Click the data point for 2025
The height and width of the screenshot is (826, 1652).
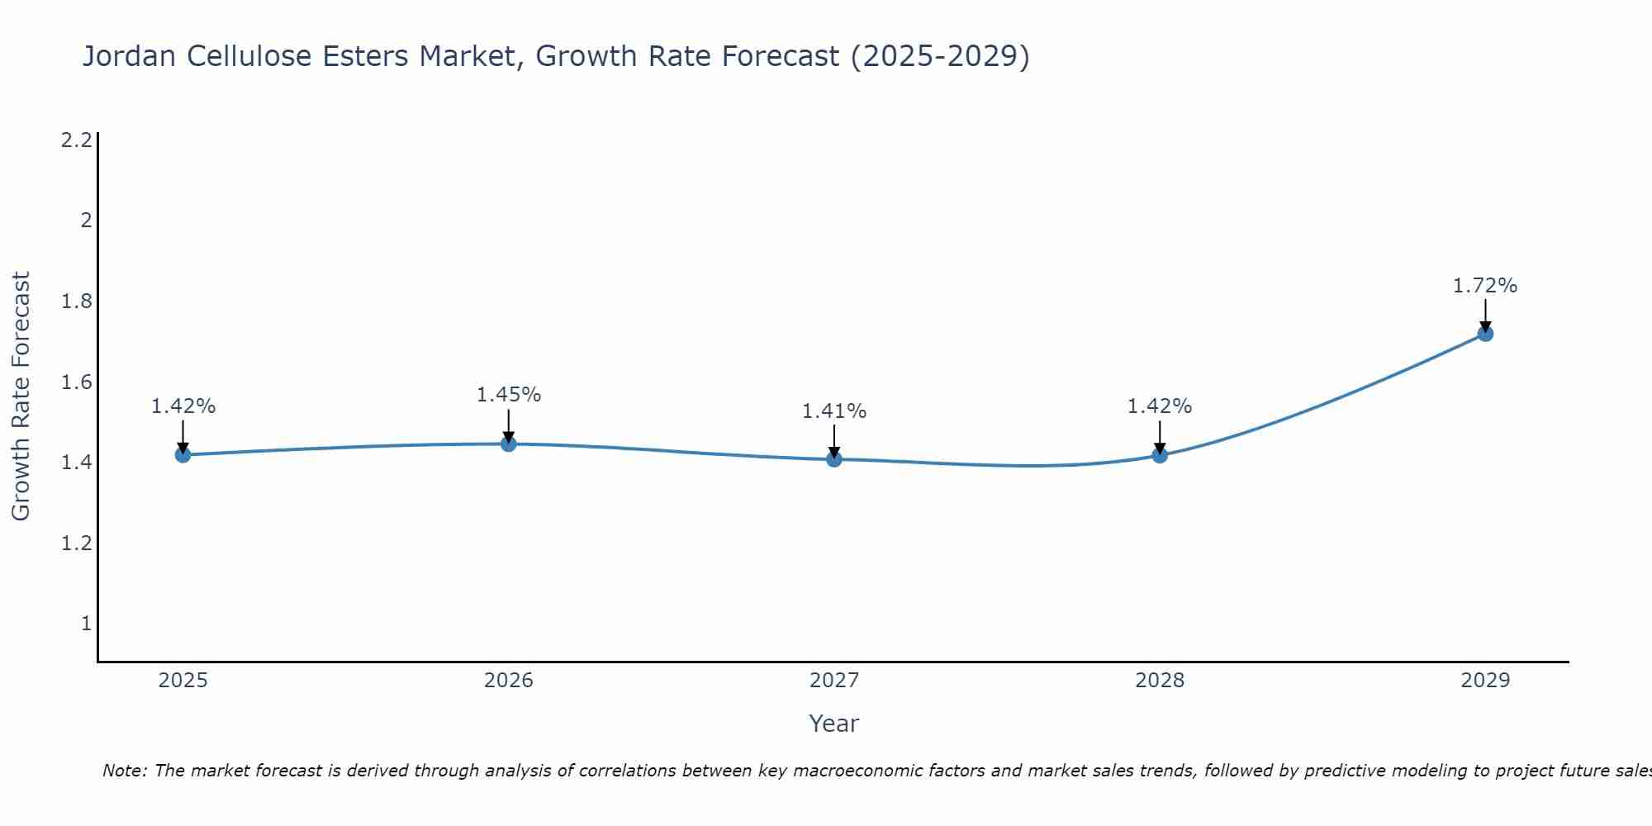point(183,455)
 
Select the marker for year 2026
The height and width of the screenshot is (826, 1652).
point(509,444)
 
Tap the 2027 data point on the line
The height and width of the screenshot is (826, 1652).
point(834,459)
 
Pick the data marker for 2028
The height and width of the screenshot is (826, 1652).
point(1160,455)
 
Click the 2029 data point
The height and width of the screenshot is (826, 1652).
point(1485,334)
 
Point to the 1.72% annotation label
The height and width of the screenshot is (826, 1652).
point(1485,286)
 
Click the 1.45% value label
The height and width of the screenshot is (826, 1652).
point(509,395)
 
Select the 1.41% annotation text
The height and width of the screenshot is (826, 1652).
point(834,411)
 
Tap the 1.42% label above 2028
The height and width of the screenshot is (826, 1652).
point(1160,406)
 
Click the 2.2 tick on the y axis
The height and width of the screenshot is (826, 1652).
point(76,140)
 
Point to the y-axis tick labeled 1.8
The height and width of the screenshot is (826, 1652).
point(76,301)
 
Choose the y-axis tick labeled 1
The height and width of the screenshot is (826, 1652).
point(86,624)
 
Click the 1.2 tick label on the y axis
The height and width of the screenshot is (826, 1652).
point(76,544)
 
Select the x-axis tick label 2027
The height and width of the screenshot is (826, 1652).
point(834,681)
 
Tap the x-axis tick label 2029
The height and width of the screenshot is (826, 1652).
point(1485,681)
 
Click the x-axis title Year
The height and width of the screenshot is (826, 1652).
point(834,724)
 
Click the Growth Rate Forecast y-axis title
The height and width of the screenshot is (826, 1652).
point(21,396)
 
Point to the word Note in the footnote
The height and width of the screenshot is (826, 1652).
point(124,771)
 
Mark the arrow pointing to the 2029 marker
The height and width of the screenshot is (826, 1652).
point(1485,315)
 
